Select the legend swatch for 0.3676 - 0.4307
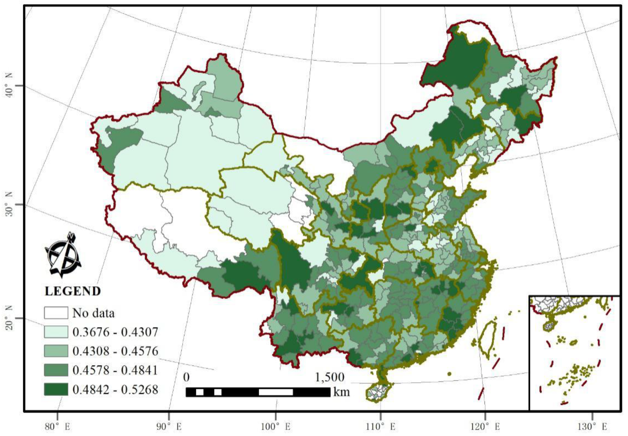(56, 332)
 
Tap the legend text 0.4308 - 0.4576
(115, 351)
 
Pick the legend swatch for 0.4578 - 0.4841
(56, 370)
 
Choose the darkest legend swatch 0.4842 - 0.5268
(56, 389)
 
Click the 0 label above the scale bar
(187, 378)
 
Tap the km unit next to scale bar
(342, 392)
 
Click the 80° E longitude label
(59, 427)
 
